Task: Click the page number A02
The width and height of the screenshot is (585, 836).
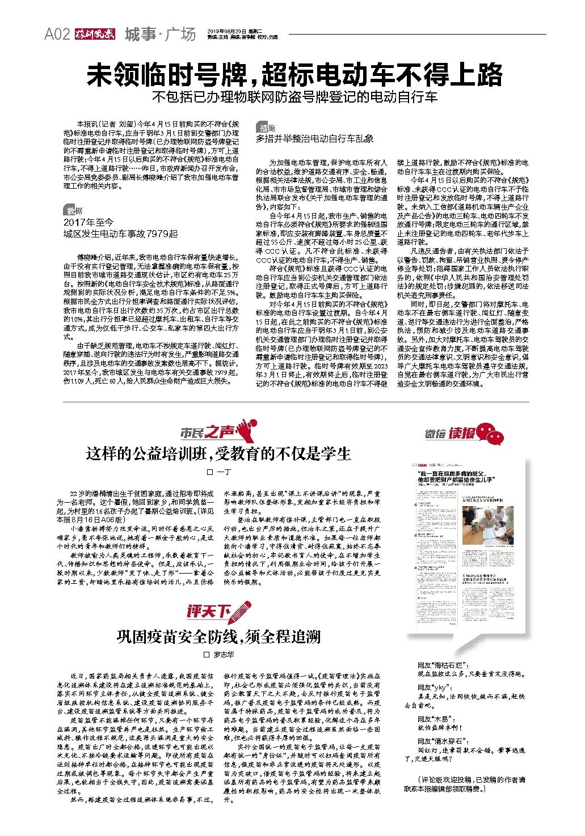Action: (57, 35)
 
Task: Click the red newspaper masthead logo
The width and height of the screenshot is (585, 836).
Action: (94, 35)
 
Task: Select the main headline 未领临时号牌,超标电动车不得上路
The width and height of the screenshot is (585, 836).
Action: (295, 74)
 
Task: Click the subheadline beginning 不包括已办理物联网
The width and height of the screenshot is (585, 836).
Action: (295, 97)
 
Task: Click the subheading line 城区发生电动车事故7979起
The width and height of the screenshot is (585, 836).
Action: (120, 233)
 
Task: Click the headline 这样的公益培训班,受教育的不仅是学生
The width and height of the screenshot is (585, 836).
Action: (218, 453)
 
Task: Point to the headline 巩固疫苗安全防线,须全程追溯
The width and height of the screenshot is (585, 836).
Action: (218, 636)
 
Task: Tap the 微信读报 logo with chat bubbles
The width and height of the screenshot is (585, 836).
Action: (464, 434)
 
